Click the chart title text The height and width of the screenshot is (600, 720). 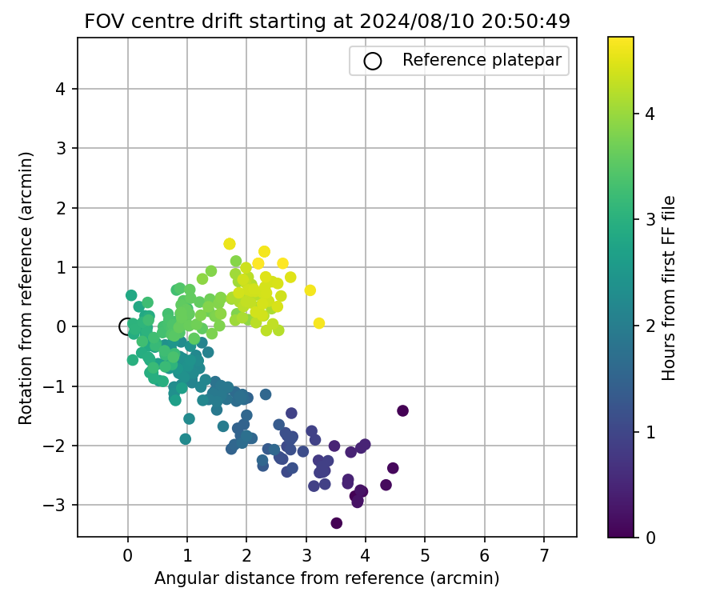click(327, 22)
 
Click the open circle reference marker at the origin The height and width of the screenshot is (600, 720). click(127, 326)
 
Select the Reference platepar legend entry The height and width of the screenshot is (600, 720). click(459, 60)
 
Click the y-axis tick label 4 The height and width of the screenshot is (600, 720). click(61, 89)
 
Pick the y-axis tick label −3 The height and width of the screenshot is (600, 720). click(58, 505)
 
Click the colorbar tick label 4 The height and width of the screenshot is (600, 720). click(650, 114)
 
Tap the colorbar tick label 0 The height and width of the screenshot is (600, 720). click(650, 537)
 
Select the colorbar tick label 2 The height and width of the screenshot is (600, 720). click(650, 326)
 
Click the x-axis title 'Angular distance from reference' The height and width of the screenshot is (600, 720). click(326, 578)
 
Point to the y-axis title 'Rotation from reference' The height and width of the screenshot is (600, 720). click(27, 288)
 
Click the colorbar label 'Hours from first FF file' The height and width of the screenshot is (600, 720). click(670, 288)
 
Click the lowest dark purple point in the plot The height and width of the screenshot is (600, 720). click(336, 523)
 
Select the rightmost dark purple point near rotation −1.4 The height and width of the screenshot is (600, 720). click(402, 410)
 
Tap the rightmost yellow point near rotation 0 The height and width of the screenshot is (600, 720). click(318, 323)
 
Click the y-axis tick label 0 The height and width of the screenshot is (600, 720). click(61, 326)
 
